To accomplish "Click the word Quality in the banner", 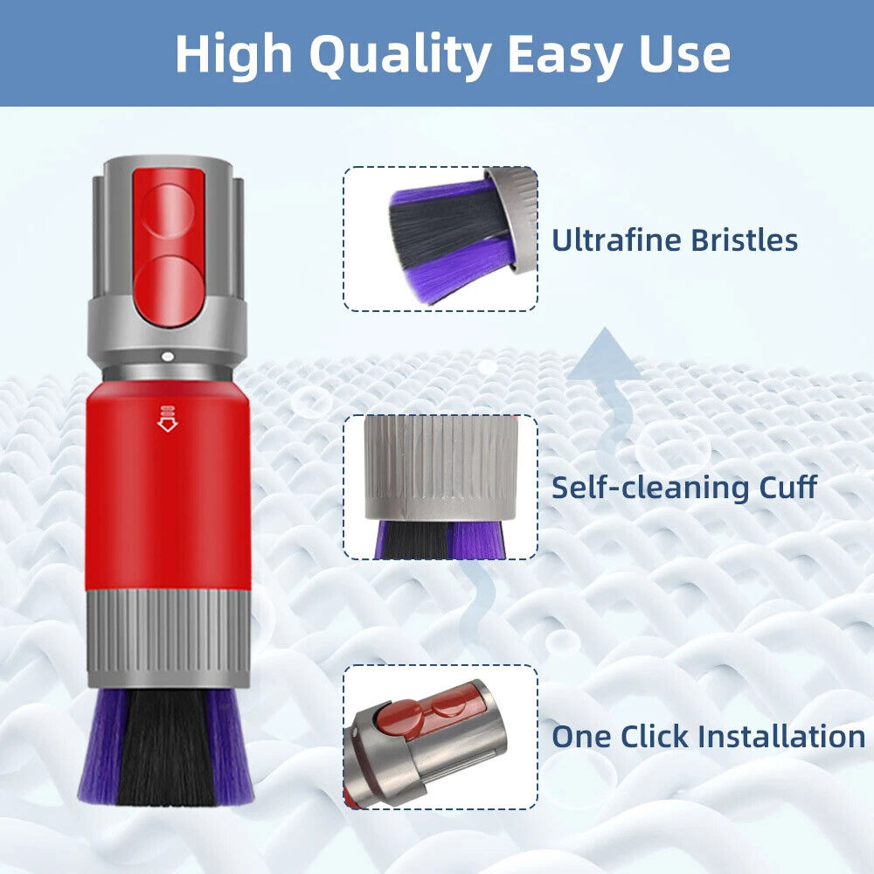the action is (x=400, y=55).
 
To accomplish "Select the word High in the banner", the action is (x=234, y=53).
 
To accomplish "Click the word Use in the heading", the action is (x=684, y=54).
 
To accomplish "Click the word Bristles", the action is (x=745, y=239).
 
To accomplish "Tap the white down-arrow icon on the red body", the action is (x=167, y=420).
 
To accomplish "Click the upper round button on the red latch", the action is (x=167, y=212).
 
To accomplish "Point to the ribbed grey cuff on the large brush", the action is (x=168, y=638).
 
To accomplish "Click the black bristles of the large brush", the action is (x=167, y=747).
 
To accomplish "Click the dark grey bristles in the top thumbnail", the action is (x=446, y=228).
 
